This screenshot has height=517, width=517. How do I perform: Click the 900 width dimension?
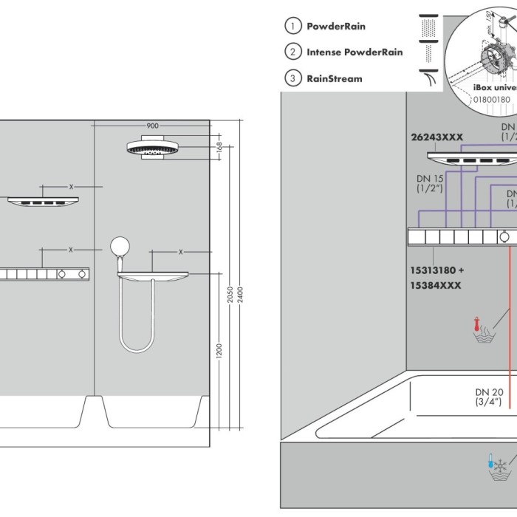pyautogui.click(x=151, y=126)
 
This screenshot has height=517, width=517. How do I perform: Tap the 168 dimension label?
pyautogui.click(x=219, y=146)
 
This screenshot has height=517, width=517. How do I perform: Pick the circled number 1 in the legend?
pyautogui.click(x=293, y=27)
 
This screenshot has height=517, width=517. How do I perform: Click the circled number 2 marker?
pyautogui.click(x=293, y=52)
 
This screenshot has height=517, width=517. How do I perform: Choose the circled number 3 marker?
pyautogui.click(x=293, y=78)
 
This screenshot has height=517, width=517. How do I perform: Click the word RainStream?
pyautogui.click(x=335, y=78)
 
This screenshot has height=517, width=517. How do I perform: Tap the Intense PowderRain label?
pyautogui.click(x=355, y=52)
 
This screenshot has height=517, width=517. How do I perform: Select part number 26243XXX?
pyautogui.click(x=436, y=137)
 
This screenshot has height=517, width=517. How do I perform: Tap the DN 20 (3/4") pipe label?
pyautogui.click(x=488, y=397)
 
